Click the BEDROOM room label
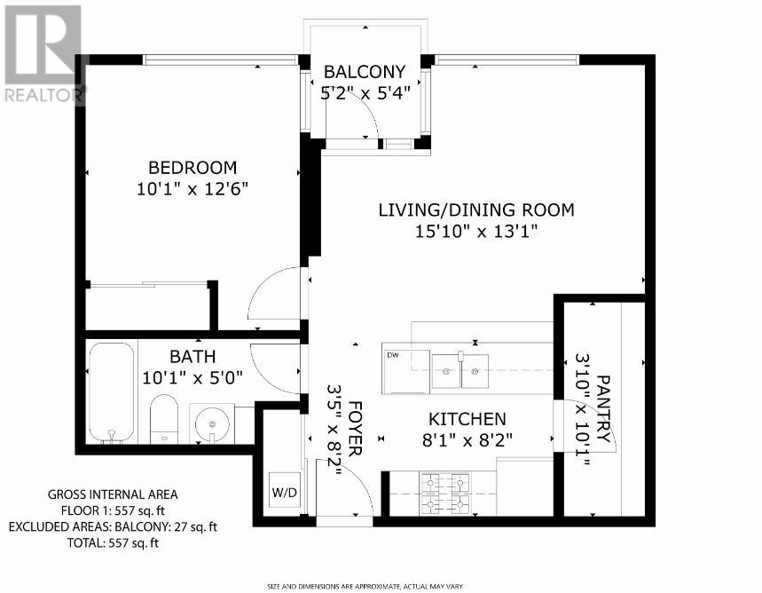tap(192, 168)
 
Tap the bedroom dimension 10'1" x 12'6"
tap(192, 189)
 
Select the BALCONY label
tap(365, 72)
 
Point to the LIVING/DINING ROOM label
tap(476, 210)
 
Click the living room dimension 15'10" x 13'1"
tap(476, 232)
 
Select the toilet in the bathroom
tap(164, 418)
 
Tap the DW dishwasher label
tap(393, 355)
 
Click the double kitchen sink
tap(460, 371)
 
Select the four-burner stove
tap(445, 494)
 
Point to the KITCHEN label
tap(467, 419)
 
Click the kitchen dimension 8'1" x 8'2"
tap(467, 440)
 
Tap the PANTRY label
tap(603, 408)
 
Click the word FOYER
tap(355, 429)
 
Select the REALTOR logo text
tap(43, 95)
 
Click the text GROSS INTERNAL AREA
tap(113, 494)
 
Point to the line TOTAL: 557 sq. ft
tap(113, 543)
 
